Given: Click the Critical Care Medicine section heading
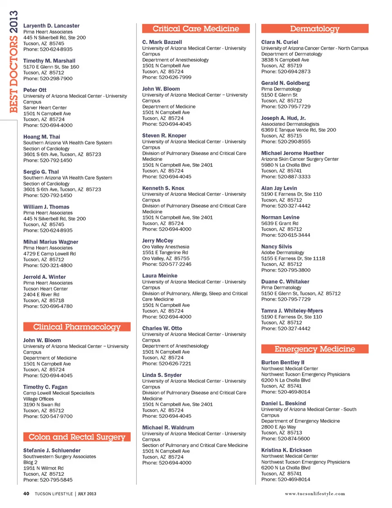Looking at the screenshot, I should click(196, 29).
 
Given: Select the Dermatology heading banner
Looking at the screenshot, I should click(314, 29).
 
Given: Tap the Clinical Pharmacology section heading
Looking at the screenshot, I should click(77, 327).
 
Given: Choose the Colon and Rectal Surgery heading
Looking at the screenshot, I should click(77, 437).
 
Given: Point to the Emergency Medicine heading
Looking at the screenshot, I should click(314, 349).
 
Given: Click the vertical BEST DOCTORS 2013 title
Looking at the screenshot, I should click(13, 61).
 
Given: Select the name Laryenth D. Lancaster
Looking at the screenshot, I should click(51, 26).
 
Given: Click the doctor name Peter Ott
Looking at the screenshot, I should click(35, 90).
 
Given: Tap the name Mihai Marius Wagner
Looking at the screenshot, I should click(51, 242).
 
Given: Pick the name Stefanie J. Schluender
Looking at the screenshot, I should click(52, 450).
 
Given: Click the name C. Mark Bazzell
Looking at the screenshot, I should click(162, 42).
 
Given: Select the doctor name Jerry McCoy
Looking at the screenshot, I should click(158, 241).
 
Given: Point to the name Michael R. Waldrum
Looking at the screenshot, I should click(168, 428).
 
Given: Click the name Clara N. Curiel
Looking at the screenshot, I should click(280, 42).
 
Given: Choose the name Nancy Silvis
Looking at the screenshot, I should click(276, 246).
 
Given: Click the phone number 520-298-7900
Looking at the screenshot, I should click(56, 79).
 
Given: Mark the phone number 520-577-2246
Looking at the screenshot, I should click(175, 264).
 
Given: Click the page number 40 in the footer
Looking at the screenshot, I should click(26, 494).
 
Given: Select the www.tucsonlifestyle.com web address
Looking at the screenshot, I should click(315, 494).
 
